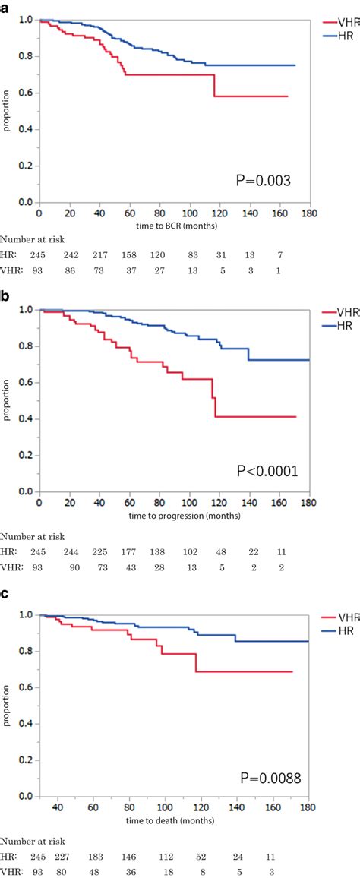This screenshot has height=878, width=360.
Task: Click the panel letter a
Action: click(5, 5)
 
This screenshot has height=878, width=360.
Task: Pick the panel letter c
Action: click(5, 595)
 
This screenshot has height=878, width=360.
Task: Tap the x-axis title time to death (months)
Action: click(175, 823)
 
